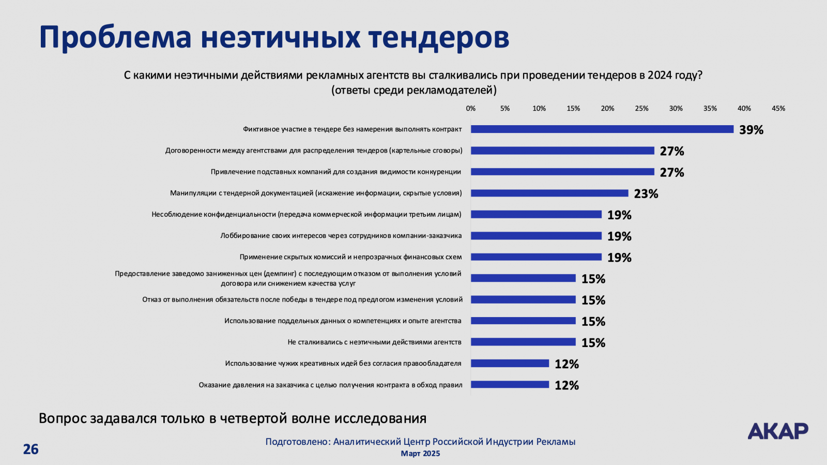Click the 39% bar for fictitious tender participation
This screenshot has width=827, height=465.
pyautogui.click(x=602, y=129)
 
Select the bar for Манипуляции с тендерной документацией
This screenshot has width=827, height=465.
pyautogui.click(x=549, y=193)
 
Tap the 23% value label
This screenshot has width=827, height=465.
pyautogui.click(x=646, y=194)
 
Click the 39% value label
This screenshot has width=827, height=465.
pyautogui.click(x=751, y=130)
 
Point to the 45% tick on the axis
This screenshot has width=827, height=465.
pyautogui.click(x=778, y=109)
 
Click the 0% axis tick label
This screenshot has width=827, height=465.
pyautogui.click(x=471, y=109)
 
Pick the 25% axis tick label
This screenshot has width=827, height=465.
pyautogui.click(x=641, y=109)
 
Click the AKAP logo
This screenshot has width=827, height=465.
pyautogui.click(x=778, y=431)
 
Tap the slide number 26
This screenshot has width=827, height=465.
pyautogui.click(x=30, y=449)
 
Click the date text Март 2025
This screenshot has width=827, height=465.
pyautogui.click(x=420, y=454)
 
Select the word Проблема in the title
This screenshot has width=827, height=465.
pyautogui.click(x=115, y=37)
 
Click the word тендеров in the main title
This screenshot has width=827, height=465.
pyautogui.click(x=439, y=37)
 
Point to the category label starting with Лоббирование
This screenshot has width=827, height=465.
pyautogui.click(x=341, y=236)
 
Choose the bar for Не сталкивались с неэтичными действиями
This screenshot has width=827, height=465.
pyautogui.click(x=523, y=342)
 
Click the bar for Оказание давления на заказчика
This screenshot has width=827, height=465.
pyautogui.click(x=510, y=384)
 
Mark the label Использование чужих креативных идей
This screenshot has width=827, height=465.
pyautogui.click(x=343, y=364)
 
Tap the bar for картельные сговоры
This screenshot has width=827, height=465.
pyautogui.click(x=562, y=151)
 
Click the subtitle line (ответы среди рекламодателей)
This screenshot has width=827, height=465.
pyautogui.click(x=413, y=91)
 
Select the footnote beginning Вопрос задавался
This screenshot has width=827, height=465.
pyautogui.click(x=233, y=418)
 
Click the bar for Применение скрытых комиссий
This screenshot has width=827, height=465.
pyautogui.click(x=536, y=257)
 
